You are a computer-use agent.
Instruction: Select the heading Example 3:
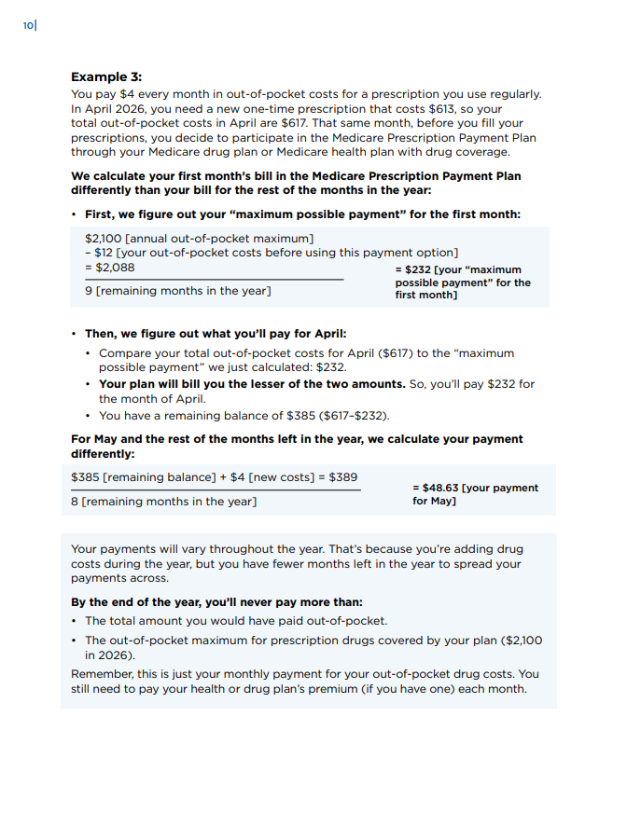coord(106,76)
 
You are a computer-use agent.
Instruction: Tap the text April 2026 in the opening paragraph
coord(101,108)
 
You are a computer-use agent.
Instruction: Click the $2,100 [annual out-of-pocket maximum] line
coord(199,238)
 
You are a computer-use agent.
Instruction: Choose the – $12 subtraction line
coord(271,253)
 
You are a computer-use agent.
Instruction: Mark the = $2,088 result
coord(109,268)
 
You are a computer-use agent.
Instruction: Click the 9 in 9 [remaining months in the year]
coord(89,292)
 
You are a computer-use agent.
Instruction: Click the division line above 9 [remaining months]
coord(214,280)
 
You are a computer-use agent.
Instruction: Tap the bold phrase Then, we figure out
coord(150,333)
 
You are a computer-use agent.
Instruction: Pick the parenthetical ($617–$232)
coord(355,415)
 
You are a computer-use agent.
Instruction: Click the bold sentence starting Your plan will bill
coord(252,384)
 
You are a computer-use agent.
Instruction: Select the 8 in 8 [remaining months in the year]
coord(75,502)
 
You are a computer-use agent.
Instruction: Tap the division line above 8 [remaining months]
coord(216,489)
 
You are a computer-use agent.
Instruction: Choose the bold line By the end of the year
coord(216,602)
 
